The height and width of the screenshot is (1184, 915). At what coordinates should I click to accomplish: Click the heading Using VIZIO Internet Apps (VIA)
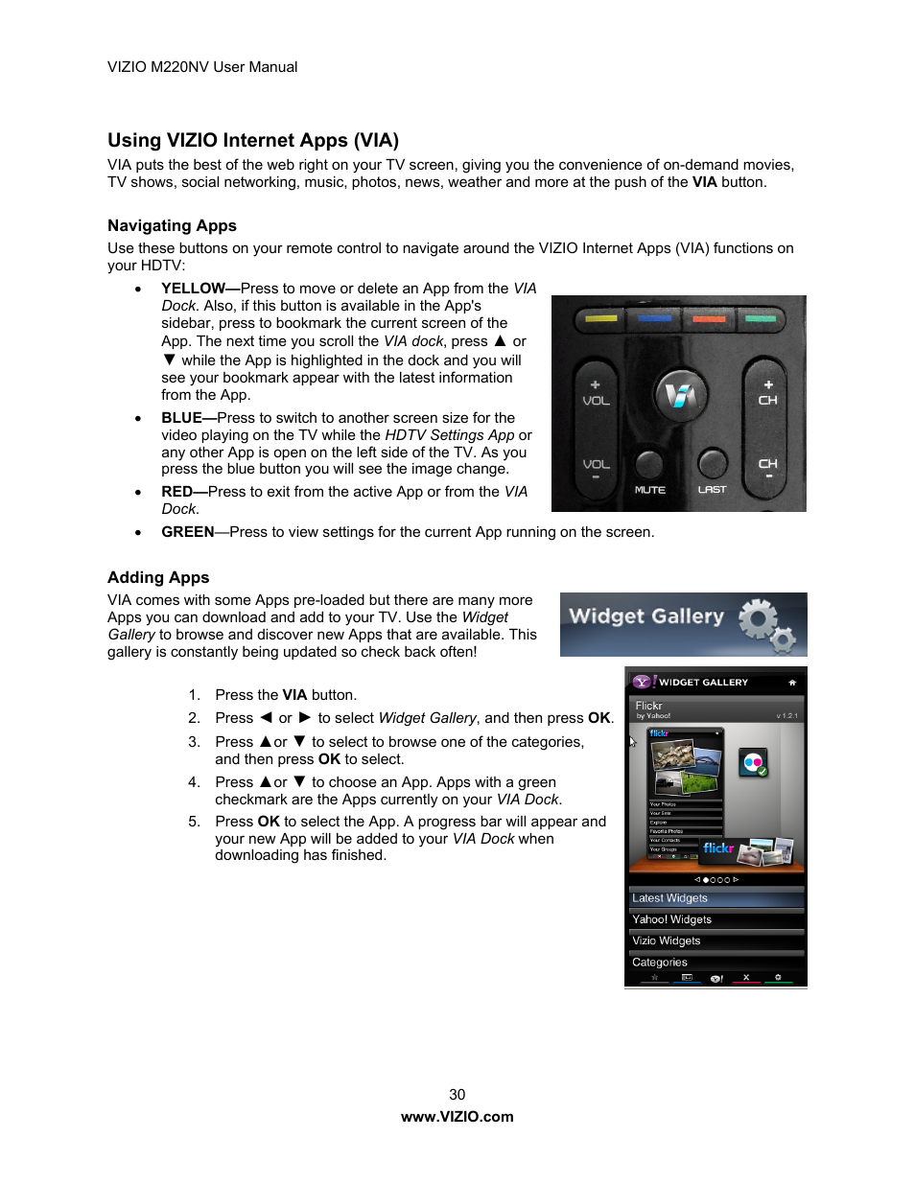[x=253, y=141]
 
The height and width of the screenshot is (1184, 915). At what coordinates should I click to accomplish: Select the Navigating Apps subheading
[x=172, y=226]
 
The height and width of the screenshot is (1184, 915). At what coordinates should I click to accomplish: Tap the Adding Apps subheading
[x=158, y=578]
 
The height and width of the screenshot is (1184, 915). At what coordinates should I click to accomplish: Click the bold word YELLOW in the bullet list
[x=193, y=289]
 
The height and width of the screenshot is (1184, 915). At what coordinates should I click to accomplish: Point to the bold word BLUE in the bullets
[x=181, y=418]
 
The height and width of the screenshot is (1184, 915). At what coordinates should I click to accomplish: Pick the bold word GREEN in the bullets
[x=187, y=532]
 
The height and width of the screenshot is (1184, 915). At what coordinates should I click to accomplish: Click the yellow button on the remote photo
[x=600, y=318]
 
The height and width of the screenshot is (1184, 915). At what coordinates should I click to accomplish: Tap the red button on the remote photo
[x=709, y=318]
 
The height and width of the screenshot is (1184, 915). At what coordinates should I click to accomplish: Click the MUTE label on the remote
[x=649, y=490]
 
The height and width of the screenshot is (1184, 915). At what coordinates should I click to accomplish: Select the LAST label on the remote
[x=712, y=490]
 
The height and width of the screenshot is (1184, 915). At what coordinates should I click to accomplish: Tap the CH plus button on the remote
[x=767, y=392]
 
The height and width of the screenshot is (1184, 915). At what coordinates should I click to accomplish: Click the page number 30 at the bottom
[x=457, y=1095]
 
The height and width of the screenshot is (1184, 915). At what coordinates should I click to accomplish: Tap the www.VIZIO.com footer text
[x=457, y=1117]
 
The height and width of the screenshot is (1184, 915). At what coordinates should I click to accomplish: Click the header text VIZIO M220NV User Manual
[x=202, y=67]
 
